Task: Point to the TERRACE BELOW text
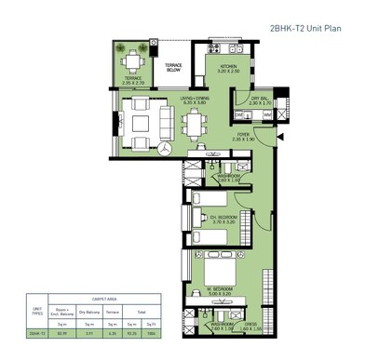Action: click(x=174, y=67)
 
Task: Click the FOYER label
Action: click(x=243, y=135)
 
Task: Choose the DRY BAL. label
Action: click(x=260, y=100)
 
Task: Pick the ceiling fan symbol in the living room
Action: click(x=164, y=149)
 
